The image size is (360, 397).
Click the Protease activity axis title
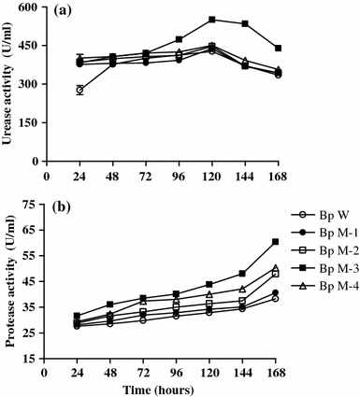tap(10, 280)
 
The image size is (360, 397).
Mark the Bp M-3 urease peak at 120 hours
tap(212, 20)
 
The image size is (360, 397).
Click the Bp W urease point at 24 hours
tap(79, 90)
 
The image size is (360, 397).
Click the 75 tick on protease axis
tap(37, 204)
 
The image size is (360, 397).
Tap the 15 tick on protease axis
tap(37, 357)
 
